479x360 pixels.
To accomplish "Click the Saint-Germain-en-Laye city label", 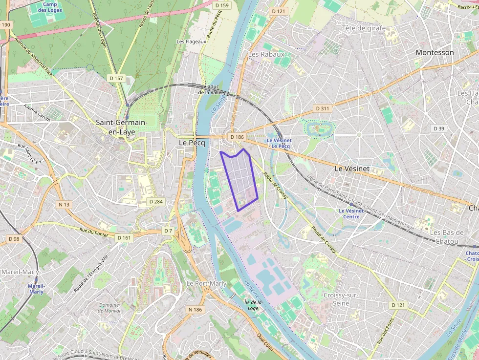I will [115, 127].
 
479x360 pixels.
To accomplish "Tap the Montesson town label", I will [435, 52].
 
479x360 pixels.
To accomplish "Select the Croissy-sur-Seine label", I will [341, 299].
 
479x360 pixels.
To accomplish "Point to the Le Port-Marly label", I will [206, 283].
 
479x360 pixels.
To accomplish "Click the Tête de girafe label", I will [364, 28].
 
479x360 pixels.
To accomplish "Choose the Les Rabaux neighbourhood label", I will [266, 54].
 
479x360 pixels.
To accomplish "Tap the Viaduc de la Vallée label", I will [212, 89].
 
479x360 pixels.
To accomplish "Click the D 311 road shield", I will [323, 108].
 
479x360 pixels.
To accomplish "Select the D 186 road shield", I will [237, 137].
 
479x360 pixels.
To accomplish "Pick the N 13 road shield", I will [64, 204].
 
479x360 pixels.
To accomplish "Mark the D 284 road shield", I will [155, 201].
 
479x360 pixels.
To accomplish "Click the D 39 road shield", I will [439, 128].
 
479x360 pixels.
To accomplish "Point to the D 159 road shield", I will [222, 5].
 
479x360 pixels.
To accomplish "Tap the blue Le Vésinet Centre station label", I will [351, 213].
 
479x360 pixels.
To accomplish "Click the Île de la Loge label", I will [253, 305].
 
